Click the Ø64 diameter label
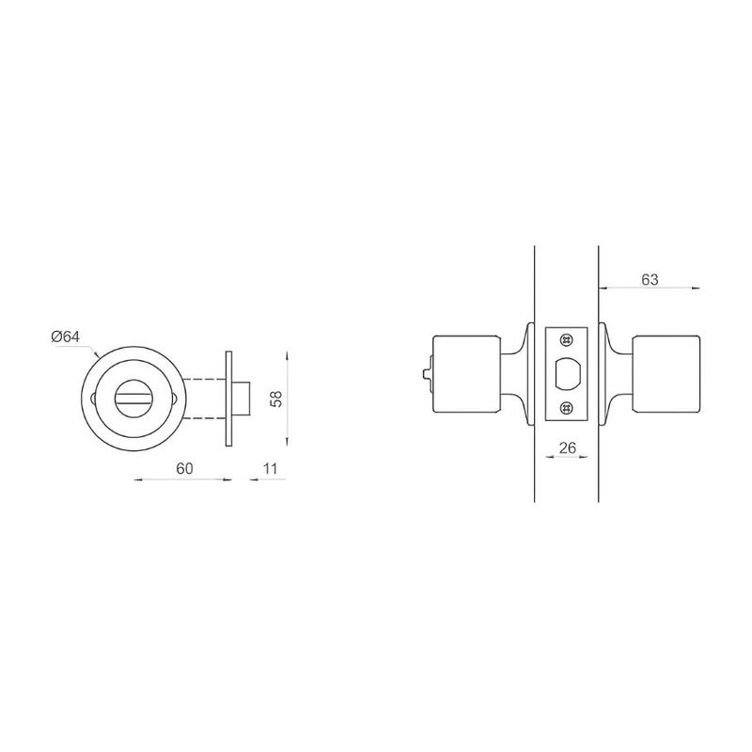tap(66, 337)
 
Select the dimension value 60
tap(184, 468)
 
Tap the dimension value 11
tap(271, 468)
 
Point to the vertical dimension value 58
tap(276, 399)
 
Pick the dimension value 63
tap(650, 279)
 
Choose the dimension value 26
tap(568, 448)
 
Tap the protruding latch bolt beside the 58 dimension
tap(242, 399)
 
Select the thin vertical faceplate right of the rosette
tap(228, 399)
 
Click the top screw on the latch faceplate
tap(567, 339)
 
